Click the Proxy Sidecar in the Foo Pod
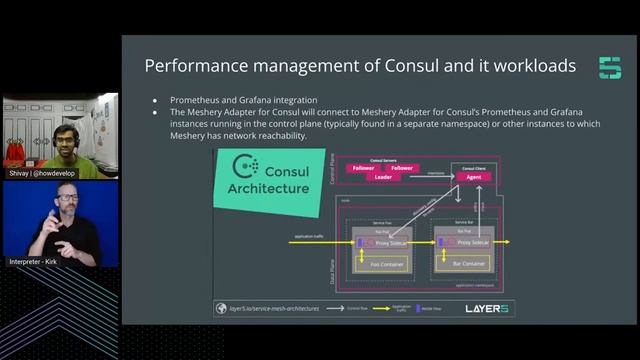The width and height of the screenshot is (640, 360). click(391, 243)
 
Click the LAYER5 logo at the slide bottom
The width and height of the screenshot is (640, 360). click(487, 308)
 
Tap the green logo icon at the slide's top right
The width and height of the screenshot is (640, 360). click(609, 68)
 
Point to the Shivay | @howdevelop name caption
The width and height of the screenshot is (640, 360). click(47, 173)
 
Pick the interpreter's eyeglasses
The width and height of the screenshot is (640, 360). click(68, 201)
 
